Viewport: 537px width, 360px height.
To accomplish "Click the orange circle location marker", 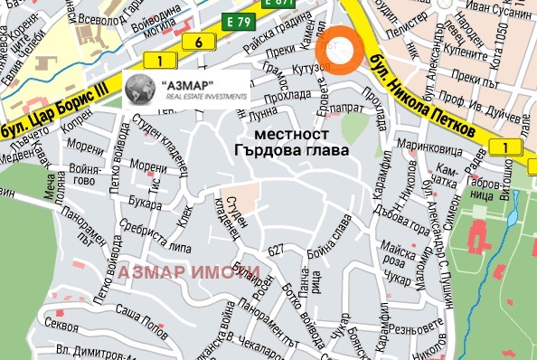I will [341, 52].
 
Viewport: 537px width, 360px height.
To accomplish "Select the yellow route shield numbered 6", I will [197, 42].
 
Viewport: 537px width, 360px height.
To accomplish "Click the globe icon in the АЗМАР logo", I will [140, 90].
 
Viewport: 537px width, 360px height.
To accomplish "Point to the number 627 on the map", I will [277, 251].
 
